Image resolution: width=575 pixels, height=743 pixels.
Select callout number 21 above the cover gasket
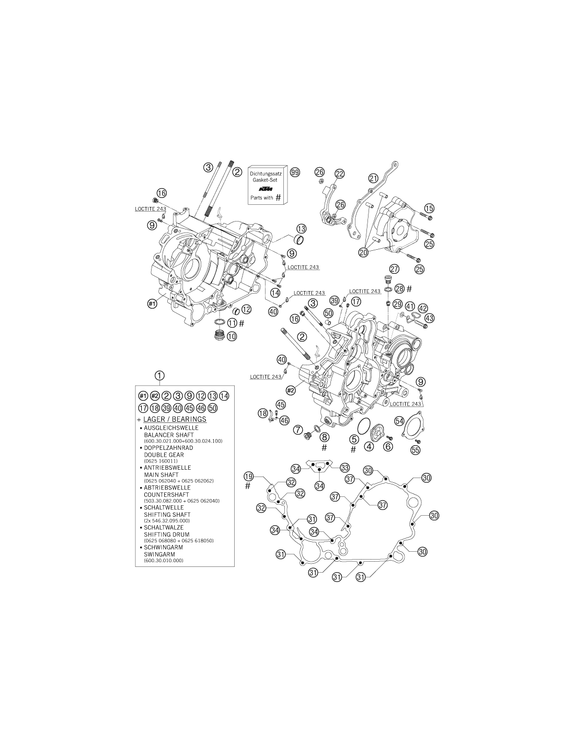(x=374, y=178)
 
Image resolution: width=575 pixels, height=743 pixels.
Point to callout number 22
(x=339, y=173)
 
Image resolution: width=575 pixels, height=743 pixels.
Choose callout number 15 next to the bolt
(x=429, y=208)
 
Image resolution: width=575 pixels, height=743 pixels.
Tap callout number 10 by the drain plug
(x=232, y=336)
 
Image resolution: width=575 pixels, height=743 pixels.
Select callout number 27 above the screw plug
(x=394, y=269)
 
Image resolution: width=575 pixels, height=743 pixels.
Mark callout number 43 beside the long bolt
(x=429, y=318)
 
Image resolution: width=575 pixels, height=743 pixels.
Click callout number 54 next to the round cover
(x=399, y=421)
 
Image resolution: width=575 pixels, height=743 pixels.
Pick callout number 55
(x=415, y=450)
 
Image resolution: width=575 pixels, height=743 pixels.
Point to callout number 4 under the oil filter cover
(x=369, y=447)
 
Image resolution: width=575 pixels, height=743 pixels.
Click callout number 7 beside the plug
(x=298, y=429)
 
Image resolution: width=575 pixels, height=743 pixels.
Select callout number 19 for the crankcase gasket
(x=249, y=476)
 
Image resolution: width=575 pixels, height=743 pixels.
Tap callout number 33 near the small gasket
(x=345, y=467)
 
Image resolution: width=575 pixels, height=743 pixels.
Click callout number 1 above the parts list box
(x=159, y=376)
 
